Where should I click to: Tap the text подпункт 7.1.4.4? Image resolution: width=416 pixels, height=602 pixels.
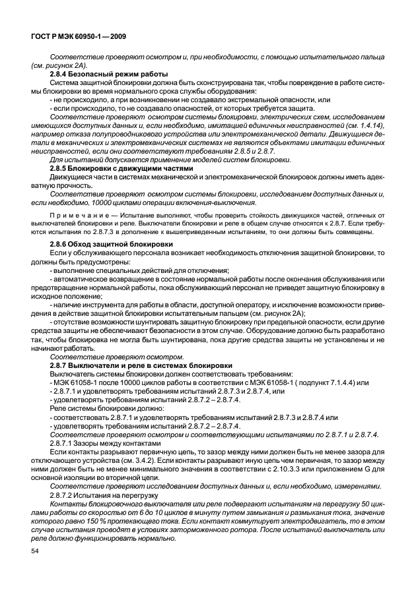click(x=319, y=382)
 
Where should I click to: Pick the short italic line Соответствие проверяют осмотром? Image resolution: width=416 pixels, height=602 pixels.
click(x=98, y=357)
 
